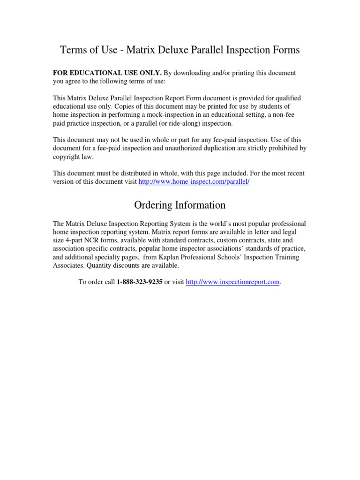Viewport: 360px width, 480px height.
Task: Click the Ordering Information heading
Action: click(180, 205)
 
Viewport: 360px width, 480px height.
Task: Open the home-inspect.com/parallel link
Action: click(194, 181)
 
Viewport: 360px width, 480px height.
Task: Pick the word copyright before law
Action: click(67, 157)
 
